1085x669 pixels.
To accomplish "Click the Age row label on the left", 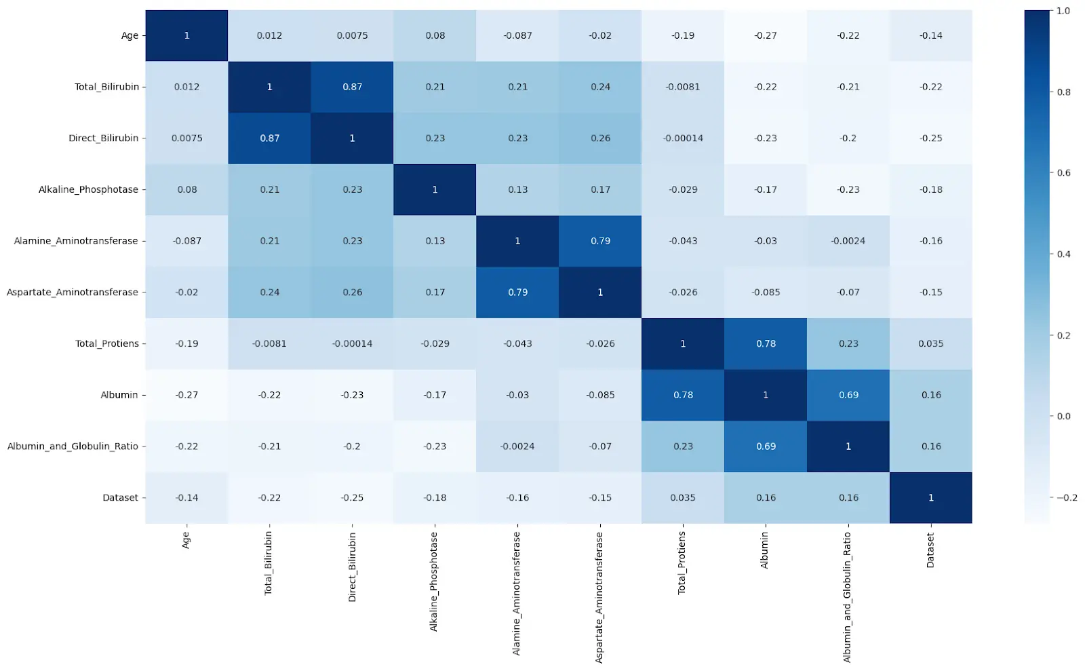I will point(130,36).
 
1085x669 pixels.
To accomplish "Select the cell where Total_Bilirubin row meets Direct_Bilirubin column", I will point(352,87).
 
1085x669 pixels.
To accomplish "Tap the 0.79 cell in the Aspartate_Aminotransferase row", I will point(517,292).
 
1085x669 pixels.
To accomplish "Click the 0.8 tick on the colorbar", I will point(1064,92).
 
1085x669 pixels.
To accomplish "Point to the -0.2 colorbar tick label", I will point(1066,497).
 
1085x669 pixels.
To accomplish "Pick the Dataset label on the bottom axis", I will point(930,550).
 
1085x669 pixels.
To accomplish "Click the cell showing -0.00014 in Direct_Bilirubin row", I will point(683,138).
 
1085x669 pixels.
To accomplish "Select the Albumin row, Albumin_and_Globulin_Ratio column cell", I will point(848,395).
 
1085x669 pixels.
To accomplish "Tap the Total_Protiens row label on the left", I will point(107,344).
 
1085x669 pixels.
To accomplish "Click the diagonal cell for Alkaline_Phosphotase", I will point(435,190).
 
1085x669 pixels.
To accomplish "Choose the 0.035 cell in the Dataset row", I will point(683,497).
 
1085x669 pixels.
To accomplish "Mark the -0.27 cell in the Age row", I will point(766,36).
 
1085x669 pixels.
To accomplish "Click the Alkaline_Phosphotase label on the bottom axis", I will point(434,581).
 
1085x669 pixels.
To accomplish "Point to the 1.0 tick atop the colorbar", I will point(1063,11).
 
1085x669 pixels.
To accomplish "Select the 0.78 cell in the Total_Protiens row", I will point(766,344).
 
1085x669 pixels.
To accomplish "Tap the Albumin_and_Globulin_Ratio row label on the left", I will point(73,446).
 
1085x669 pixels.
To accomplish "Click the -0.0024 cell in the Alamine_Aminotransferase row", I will point(848,241).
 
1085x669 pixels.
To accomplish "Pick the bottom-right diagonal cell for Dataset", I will point(930,497).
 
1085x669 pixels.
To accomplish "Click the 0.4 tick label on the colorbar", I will point(1064,254).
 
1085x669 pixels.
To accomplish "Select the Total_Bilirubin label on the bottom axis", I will point(269,564).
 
